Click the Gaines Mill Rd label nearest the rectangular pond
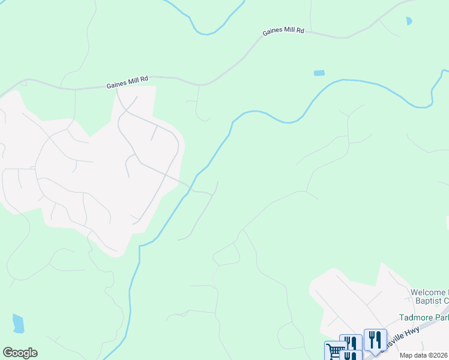283,31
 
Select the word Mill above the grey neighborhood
137,82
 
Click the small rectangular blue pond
319,73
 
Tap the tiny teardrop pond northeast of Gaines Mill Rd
409,21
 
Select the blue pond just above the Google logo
18,323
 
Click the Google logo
20,353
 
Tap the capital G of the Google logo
8,353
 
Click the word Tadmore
416,317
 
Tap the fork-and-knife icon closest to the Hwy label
375,340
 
